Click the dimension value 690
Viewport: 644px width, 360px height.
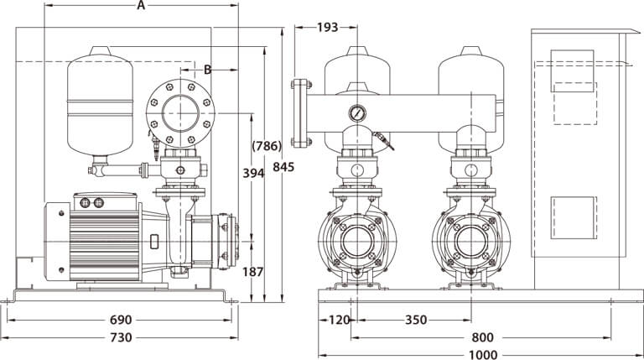tap(121, 320)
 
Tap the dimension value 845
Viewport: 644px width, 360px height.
tap(283, 167)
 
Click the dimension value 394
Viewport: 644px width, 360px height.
tap(252, 174)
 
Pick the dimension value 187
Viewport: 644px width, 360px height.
tap(252, 271)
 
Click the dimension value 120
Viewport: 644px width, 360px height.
tap(339, 320)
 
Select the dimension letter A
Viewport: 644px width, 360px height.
tap(141, 7)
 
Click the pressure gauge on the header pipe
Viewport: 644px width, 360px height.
tap(359, 112)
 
